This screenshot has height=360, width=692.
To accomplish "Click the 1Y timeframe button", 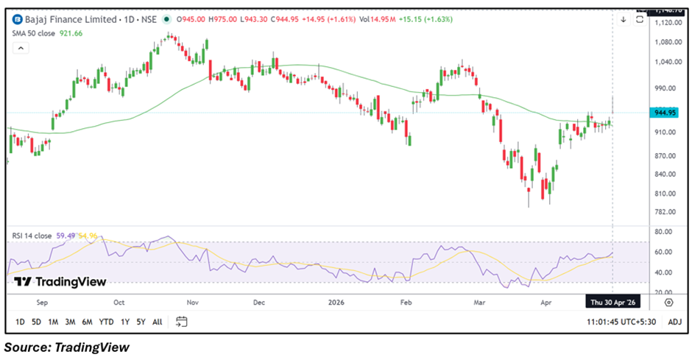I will [124, 322].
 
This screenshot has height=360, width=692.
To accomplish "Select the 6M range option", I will [87, 322].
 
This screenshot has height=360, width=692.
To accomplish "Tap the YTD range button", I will [106, 322].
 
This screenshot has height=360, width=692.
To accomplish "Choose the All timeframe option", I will [158, 322].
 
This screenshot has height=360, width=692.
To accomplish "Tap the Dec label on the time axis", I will [259, 302].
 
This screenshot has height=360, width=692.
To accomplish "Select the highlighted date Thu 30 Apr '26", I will [612, 302].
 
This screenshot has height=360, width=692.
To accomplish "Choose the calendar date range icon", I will [182, 322].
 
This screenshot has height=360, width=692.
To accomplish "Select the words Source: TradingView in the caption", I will [66, 347].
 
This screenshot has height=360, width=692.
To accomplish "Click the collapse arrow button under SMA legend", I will [21, 49].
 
